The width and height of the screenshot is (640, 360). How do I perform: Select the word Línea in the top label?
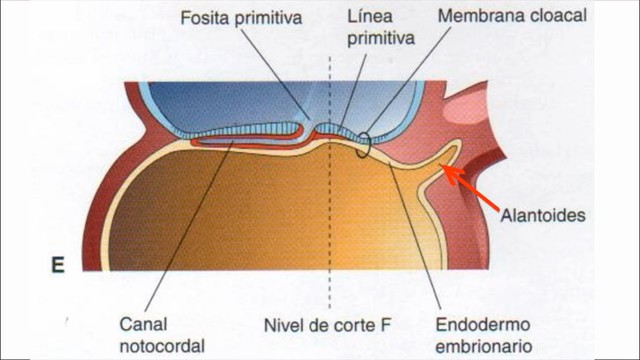tap(364, 18)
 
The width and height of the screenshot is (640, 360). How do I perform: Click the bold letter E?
tap(57, 266)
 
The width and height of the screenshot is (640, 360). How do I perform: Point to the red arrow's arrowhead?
tap(448, 172)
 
